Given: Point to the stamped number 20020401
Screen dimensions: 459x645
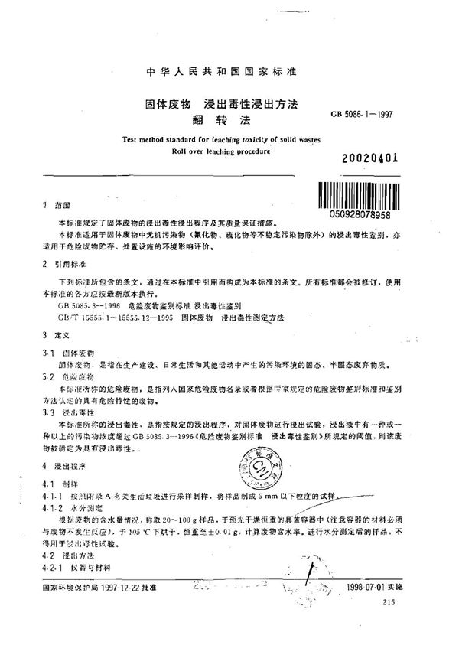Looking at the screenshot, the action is pyautogui.click(x=371, y=160).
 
